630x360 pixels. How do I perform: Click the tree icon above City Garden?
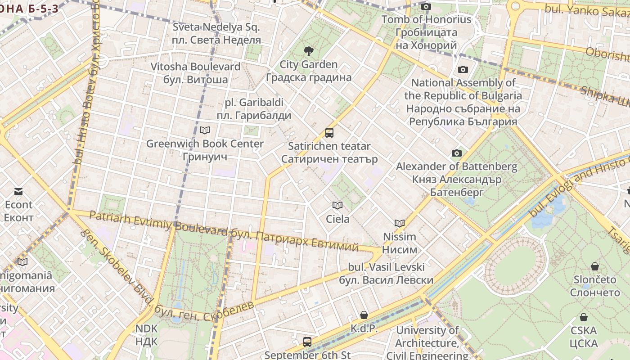click(308, 51)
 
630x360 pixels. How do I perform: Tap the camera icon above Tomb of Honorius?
click(426, 6)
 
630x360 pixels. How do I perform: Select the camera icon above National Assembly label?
click(463, 69)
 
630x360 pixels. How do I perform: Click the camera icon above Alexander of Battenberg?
click(456, 153)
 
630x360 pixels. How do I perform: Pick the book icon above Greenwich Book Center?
click(205, 130)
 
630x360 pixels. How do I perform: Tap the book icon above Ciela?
click(337, 206)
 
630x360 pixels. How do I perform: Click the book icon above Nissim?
click(399, 223)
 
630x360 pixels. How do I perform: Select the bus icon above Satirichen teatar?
click(329, 133)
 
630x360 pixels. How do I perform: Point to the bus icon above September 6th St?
click(307, 342)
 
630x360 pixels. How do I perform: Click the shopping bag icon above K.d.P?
click(364, 315)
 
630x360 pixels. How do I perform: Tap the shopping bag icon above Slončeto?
click(594, 266)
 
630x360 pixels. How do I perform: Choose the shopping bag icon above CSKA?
click(583, 317)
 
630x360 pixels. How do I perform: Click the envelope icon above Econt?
click(18, 192)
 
